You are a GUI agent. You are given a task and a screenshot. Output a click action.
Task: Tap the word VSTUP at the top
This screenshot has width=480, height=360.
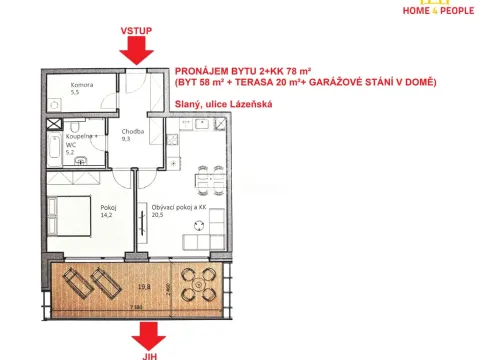click(136, 31)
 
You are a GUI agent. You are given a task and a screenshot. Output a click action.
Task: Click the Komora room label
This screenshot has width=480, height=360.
click(82, 85)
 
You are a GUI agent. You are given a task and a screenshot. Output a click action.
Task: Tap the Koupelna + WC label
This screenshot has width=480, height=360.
click(79, 143)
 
